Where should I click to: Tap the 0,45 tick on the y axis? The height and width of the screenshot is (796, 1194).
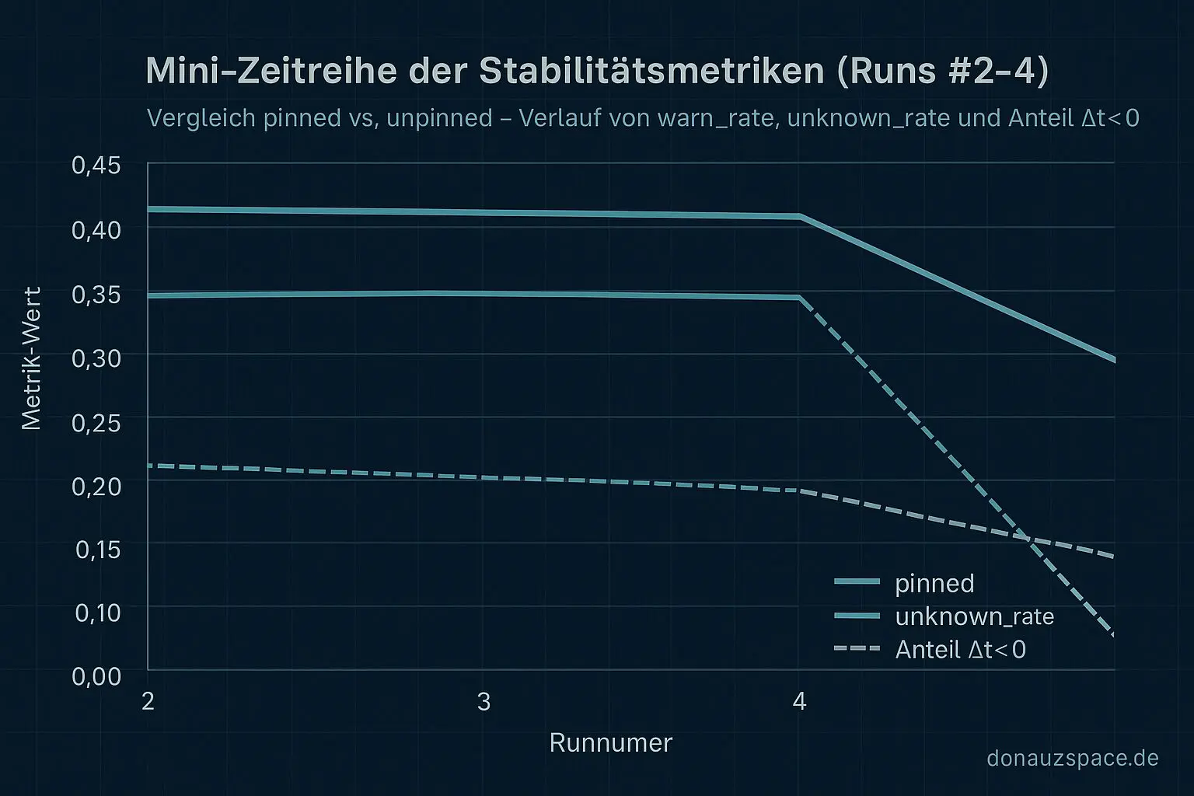click(x=96, y=166)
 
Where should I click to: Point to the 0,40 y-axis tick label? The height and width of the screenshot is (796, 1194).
click(x=96, y=230)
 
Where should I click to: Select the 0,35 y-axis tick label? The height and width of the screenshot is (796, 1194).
click(x=96, y=295)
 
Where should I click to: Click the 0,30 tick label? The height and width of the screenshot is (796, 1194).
click(x=96, y=358)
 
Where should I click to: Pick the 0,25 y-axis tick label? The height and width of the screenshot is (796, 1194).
click(x=96, y=422)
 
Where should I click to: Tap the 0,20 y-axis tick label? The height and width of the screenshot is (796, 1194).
click(x=96, y=486)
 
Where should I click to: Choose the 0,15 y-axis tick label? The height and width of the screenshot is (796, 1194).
click(x=98, y=550)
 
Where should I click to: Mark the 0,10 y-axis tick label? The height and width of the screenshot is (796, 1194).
click(x=98, y=613)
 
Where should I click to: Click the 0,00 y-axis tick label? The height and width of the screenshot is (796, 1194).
click(x=96, y=676)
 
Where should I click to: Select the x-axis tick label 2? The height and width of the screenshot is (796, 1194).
click(x=148, y=701)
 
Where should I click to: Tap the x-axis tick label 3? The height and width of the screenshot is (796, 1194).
click(x=484, y=702)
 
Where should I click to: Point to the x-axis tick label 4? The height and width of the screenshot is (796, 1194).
click(x=799, y=702)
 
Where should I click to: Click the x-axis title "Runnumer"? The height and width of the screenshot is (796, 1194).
click(x=610, y=743)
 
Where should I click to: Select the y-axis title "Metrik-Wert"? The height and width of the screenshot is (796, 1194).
click(x=31, y=358)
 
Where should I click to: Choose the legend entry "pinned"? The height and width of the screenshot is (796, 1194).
click(x=934, y=583)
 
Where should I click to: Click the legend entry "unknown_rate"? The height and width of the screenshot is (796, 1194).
click(x=974, y=616)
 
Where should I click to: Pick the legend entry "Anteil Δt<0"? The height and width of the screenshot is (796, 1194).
click(x=960, y=649)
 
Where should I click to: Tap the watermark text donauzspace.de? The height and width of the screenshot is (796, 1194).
click(x=1072, y=758)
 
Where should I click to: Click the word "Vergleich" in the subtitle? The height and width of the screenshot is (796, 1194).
click(x=201, y=118)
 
